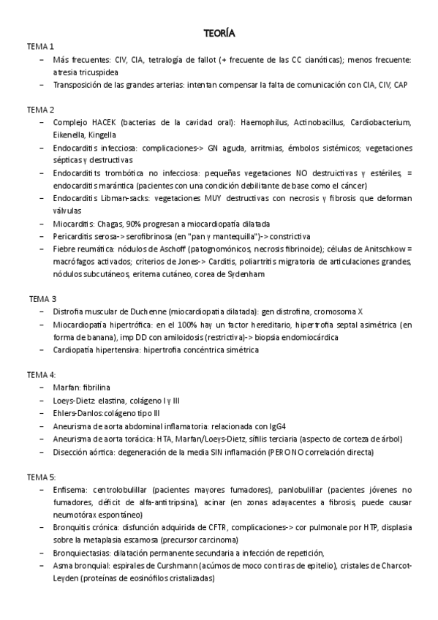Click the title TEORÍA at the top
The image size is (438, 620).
pyautogui.click(x=219, y=33)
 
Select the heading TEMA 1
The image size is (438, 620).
pyautogui.click(x=40, y=46)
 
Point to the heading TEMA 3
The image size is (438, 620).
pyautogui.click(x=42, y=298)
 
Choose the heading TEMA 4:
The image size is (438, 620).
pyautogui.click(x=42, y=374)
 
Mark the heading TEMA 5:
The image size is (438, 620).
pyautogui.click(x=42, y=475)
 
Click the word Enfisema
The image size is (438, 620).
pyautogui.click(x=70, y=488)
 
